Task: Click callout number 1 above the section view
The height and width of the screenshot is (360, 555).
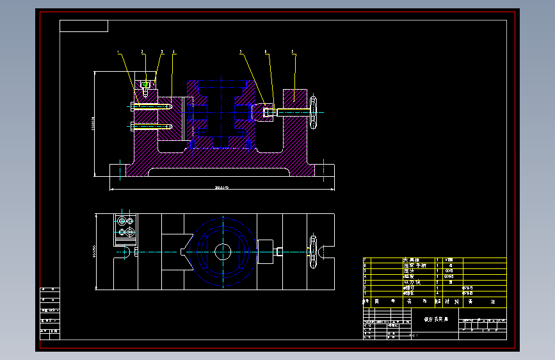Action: pyautogui.click(x=118, y=51)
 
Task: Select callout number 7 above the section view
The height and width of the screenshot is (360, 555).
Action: pyautogui.click(x=293, y=51)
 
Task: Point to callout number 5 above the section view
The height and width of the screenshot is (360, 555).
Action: pyautogui.click(x=241, y=51)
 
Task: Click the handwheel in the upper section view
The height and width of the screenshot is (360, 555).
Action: pyautogui.click(x=314, y=112)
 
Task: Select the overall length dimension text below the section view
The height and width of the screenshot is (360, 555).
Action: pyautogui.click(x=222, y=187)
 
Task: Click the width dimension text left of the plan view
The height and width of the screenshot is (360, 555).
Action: pyautogui.click(x=94, y=252)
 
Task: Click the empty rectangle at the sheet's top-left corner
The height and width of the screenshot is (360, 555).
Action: pyautogui.click(x=84, y=26)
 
